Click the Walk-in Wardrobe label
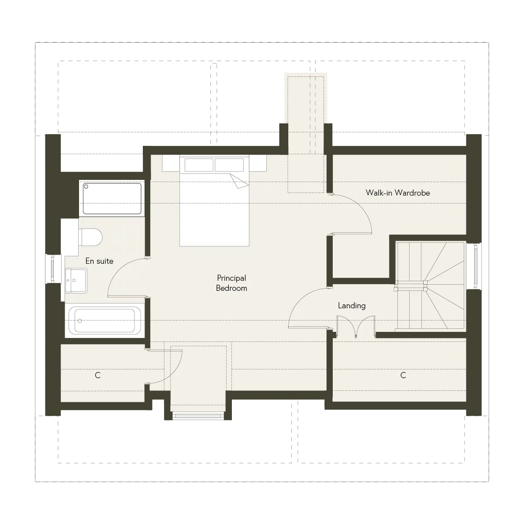(398, 193)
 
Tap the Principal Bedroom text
(231, 283)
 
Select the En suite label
(99, 261)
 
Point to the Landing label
(352, 306)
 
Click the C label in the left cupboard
(98, 375)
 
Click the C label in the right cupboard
(403, 375)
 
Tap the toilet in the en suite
(90, 237)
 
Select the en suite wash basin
(76, 281)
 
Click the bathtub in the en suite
(105, 321)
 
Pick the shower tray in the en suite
(112, 198)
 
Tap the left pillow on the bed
(199, 165)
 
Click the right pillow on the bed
(229, 165)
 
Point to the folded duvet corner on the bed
(239, 180)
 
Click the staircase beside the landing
(431, 286)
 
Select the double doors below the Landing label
(356, 327)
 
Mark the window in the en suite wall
(53, 269)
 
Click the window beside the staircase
(476, 266)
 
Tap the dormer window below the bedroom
(198, 416)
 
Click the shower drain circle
(86, 186)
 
